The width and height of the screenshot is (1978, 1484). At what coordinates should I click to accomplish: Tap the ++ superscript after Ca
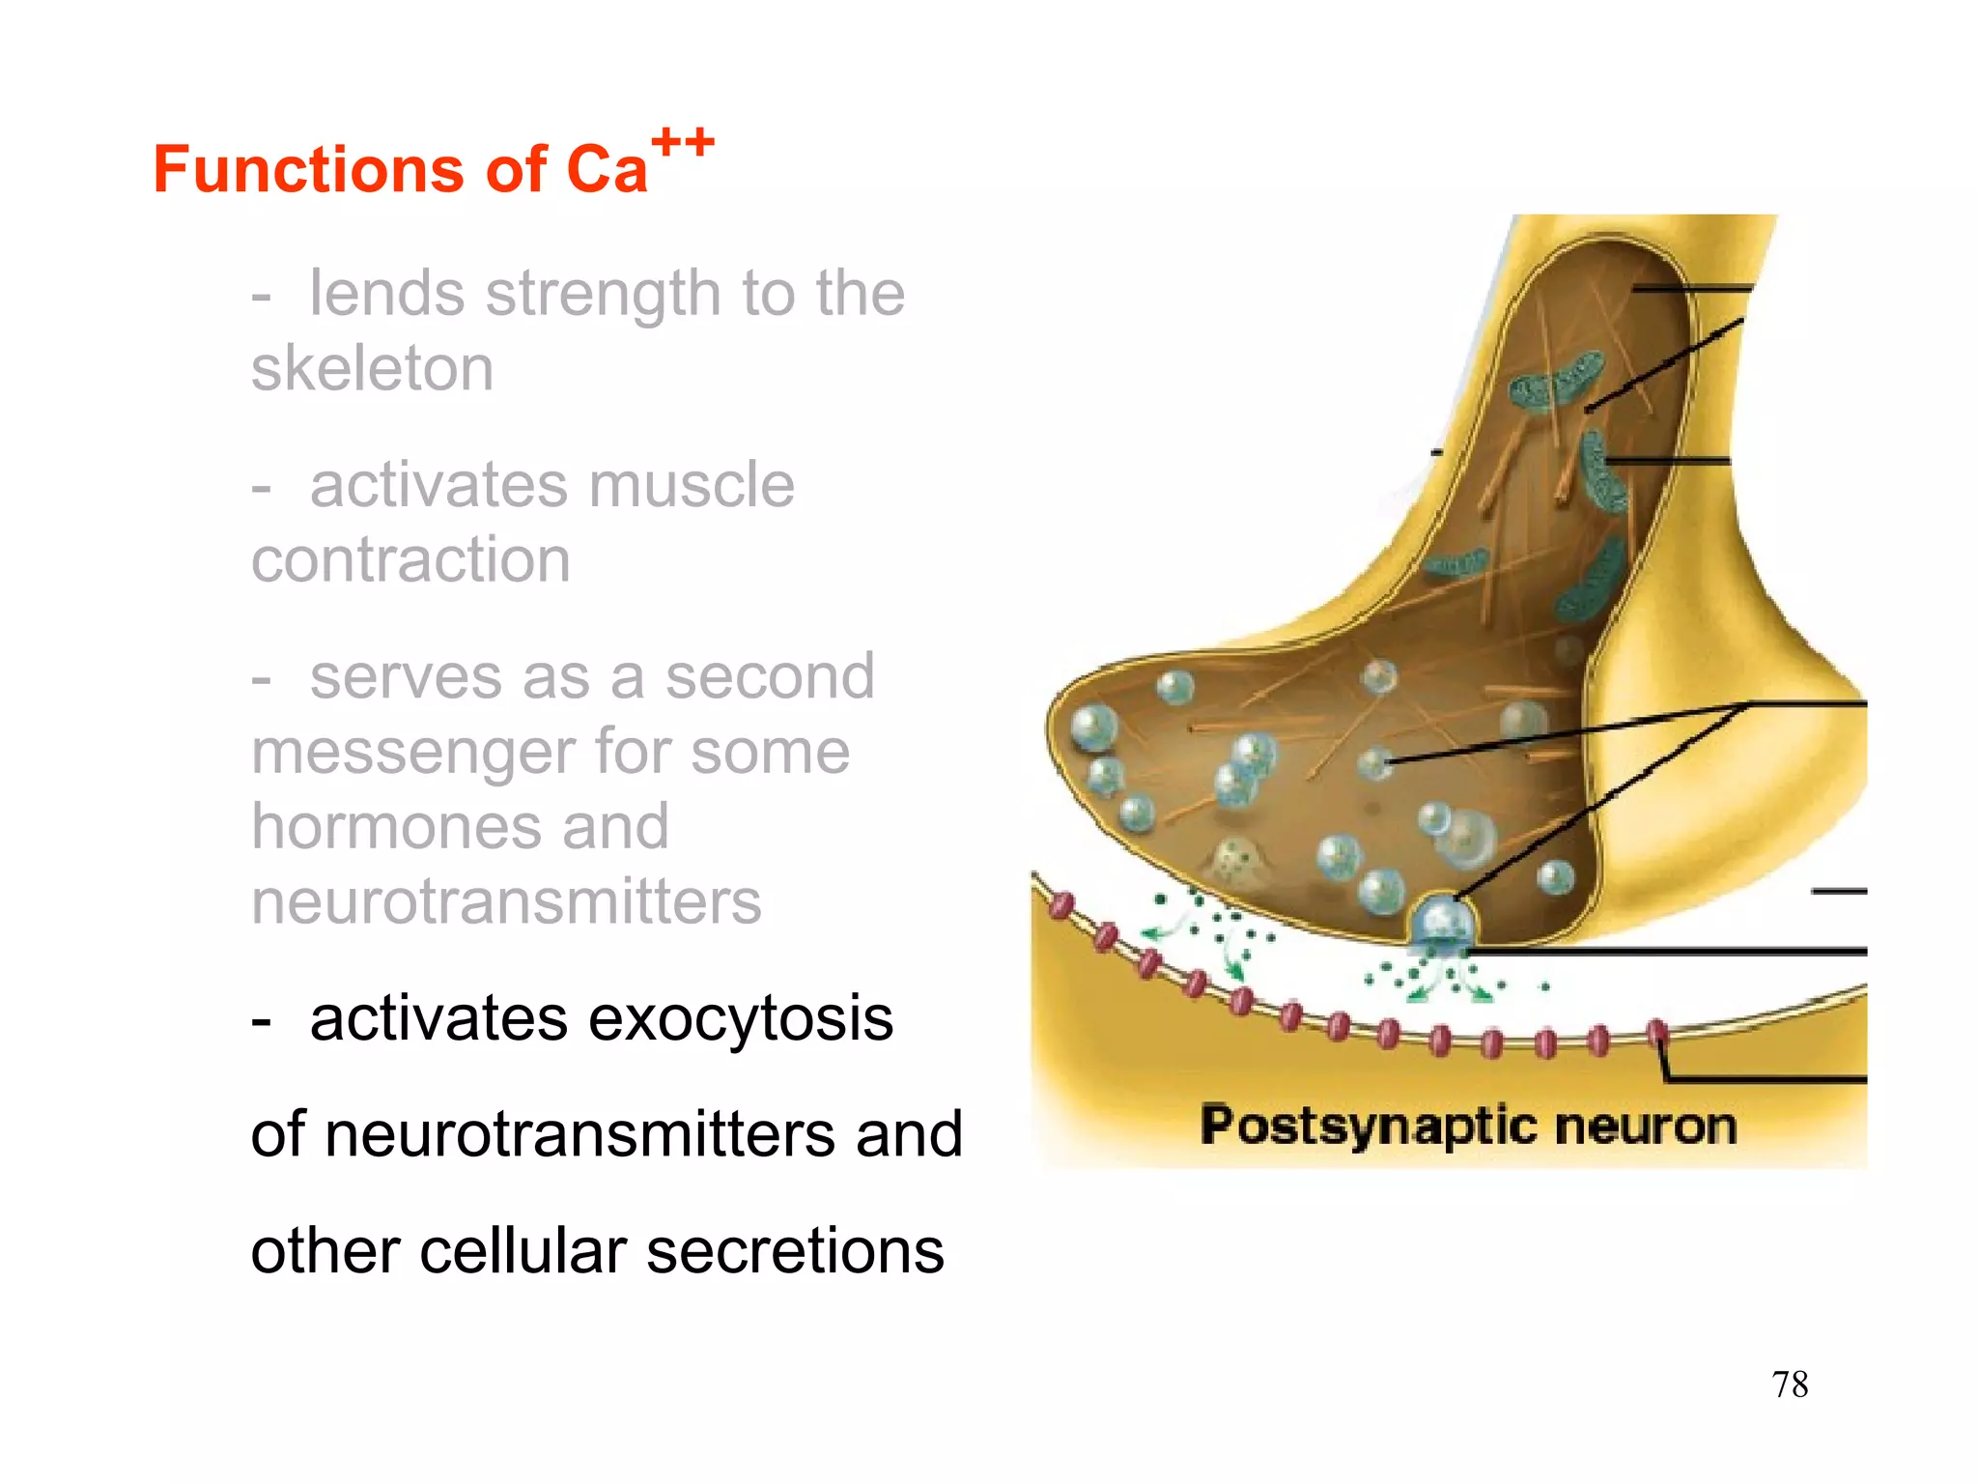pyautogui.click(x=683, y=143)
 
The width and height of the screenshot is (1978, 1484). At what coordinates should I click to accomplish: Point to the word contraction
pyautogui.click(x=410, y=559)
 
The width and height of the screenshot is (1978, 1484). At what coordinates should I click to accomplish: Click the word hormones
pyautogui.click(x=459, y=827)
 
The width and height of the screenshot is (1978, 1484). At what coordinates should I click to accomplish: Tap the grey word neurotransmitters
pyautogui.click(x=506, y=901)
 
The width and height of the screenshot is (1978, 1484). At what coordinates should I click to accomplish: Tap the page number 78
pyautogui.click(x=1790, y=1384)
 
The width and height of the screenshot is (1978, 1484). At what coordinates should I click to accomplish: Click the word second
pyautogui.click(x=770, y=676)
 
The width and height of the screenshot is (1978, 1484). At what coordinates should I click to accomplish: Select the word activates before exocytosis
pyautogui.click(x=438, y=1018)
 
